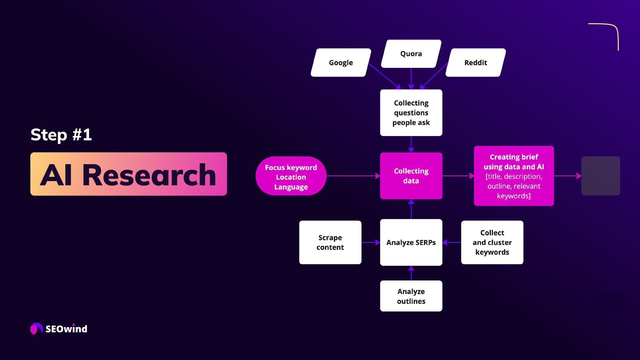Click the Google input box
tap(341, 63)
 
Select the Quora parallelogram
tap(411, 54)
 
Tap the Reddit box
tap(475, 63)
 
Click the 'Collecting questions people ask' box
tap(411, 113)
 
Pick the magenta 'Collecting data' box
tap(411, 176)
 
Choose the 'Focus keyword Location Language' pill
tap(291, 177)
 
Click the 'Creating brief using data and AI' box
tap(514, 176)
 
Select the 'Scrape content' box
tap(330, 242)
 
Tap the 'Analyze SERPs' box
tap(411, 242)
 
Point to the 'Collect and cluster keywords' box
tap(492, 242)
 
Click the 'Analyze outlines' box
tap(411, 296)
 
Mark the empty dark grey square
tap(600, 176)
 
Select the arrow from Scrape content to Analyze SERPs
tap(370, 242)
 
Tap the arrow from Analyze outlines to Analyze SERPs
tap(411, 273)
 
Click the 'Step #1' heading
tap(61, 135)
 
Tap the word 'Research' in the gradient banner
tap(149, 175)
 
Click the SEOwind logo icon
tap(36, 329)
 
